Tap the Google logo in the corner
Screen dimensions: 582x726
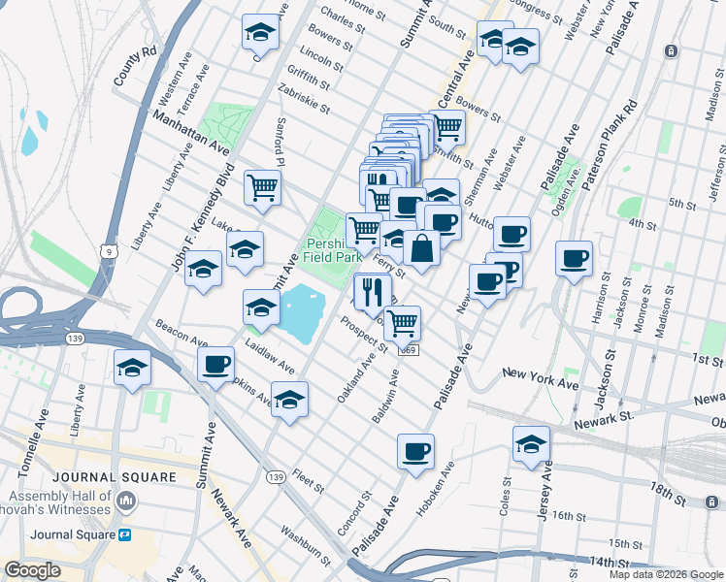coord(33,570)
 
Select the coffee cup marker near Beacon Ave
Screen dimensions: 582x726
coord(215,364)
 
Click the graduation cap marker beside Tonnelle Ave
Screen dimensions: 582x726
coord(133,368)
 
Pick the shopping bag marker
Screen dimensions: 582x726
coord(422,247)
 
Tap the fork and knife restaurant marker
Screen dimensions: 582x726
coord(373,290)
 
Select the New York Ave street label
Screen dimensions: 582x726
coord(540,378)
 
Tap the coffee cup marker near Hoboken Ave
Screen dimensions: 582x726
coord(415,451)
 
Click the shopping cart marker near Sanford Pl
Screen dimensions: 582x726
coord(262,186)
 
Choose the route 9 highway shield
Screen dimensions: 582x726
coord(107,252)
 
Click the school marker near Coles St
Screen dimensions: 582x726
coord(531,443)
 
